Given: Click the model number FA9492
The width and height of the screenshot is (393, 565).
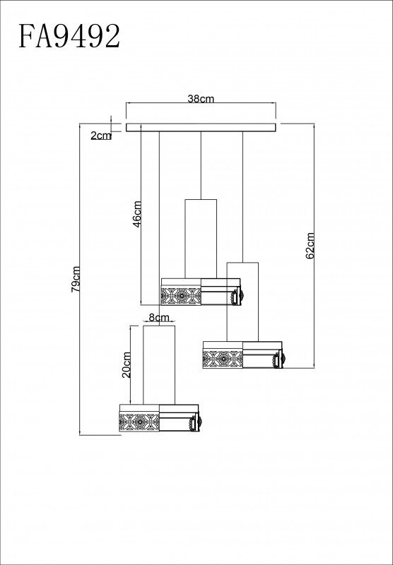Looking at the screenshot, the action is tap(69, 36).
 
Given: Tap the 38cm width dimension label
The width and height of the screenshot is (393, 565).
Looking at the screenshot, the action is tap(201, 99).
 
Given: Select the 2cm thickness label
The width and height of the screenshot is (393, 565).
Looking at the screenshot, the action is tap(101, 136).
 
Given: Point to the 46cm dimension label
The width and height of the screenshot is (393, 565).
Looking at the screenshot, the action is tap(137, 214).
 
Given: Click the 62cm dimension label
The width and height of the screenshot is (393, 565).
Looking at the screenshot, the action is tap(310, 246).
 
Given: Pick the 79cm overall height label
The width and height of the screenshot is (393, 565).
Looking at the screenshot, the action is tap(76, 279).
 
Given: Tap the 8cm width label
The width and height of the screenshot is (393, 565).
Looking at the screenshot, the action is tap(159, 317).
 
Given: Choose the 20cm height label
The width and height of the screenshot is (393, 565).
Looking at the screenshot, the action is tap(127, 364).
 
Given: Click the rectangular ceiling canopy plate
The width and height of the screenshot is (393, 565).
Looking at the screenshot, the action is tap(201, 128).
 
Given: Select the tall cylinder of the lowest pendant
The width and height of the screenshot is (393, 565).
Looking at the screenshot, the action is tap(159, 364).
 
